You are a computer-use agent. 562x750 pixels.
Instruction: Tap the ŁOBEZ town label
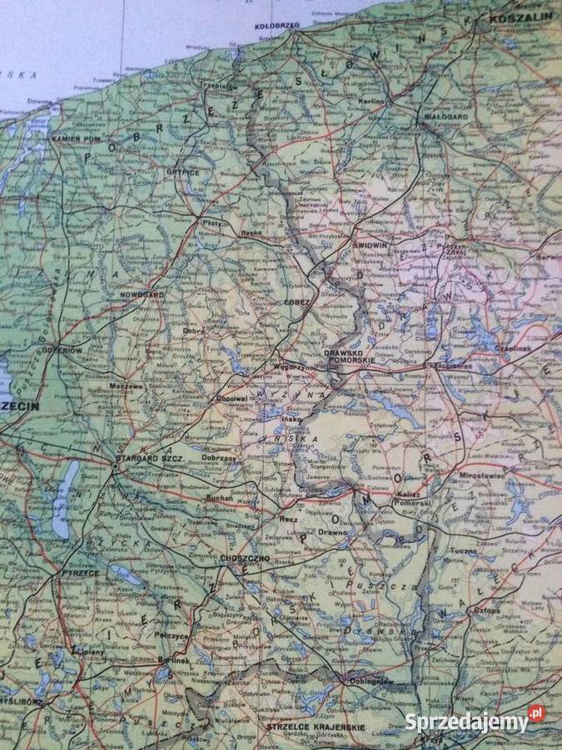tap(296, 302)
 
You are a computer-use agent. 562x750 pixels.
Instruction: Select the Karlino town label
tap(372, 101)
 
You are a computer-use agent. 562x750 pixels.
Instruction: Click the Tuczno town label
tap(465, 551)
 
